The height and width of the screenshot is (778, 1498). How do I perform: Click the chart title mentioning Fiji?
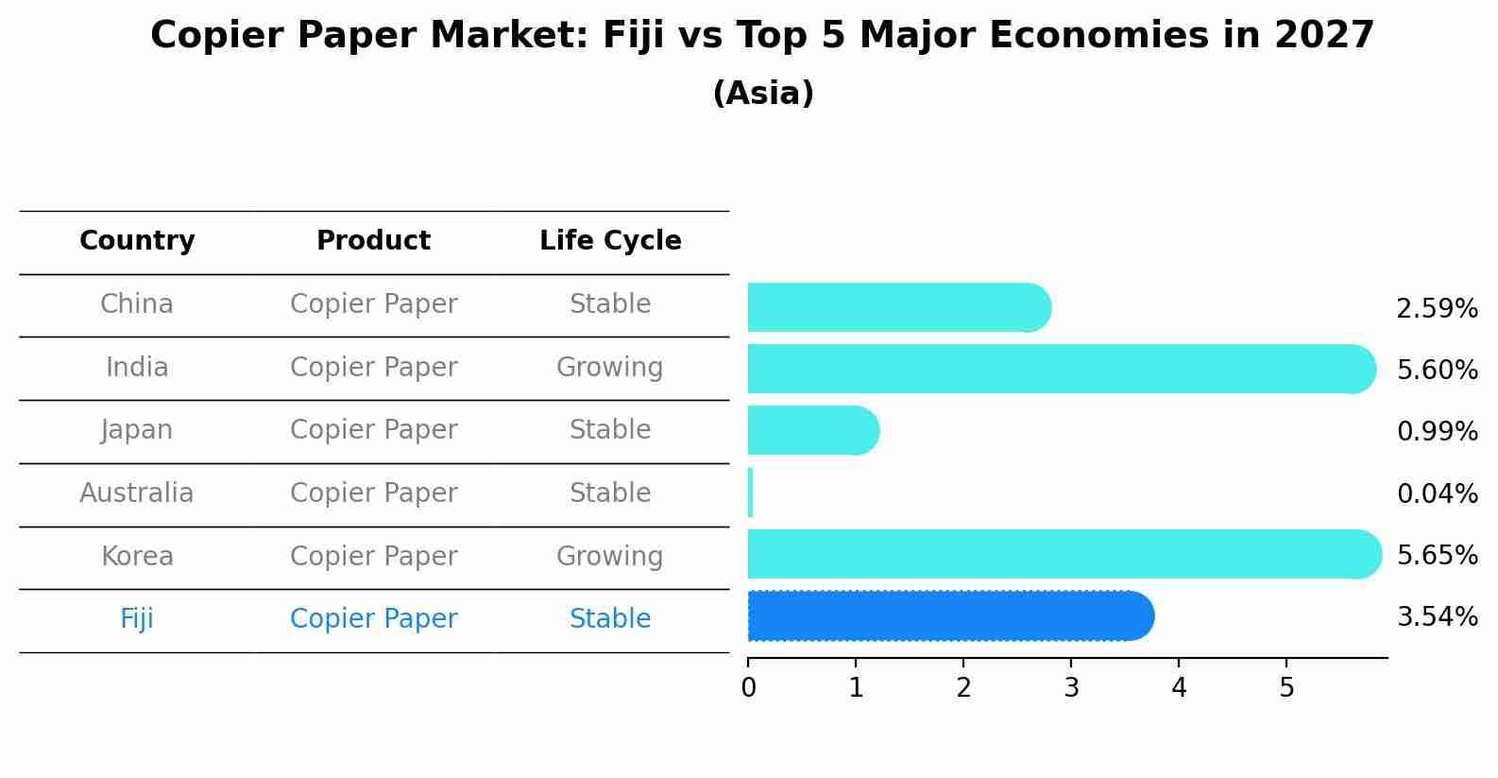point(761,36)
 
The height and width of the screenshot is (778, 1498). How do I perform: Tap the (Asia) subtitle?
point(763,94)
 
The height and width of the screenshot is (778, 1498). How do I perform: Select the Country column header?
point(137,241)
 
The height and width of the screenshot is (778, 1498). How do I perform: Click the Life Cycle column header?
point(610,241)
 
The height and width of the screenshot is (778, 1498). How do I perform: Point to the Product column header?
point(373,241)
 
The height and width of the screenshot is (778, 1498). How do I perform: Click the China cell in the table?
point(137,304)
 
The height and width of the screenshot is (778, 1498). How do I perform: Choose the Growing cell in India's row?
point(609,368)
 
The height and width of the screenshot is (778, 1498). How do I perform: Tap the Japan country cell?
point(137,430)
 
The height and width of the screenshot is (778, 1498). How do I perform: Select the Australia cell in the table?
point(137,493)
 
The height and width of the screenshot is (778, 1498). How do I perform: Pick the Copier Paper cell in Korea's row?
point(373,557)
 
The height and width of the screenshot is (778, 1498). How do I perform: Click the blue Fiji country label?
point(137,619)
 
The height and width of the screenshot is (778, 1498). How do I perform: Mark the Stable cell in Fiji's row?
point(609,619)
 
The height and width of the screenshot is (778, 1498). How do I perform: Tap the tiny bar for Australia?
point(750,493)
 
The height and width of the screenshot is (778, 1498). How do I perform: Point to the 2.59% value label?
point(1437,309)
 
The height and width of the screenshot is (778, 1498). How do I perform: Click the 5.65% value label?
point(1437,555)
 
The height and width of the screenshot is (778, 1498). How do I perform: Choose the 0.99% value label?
point(1437,432)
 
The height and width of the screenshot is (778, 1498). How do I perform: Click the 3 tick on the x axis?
point(1071,688)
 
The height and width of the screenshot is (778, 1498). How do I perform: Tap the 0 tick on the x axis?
point(748,688)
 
